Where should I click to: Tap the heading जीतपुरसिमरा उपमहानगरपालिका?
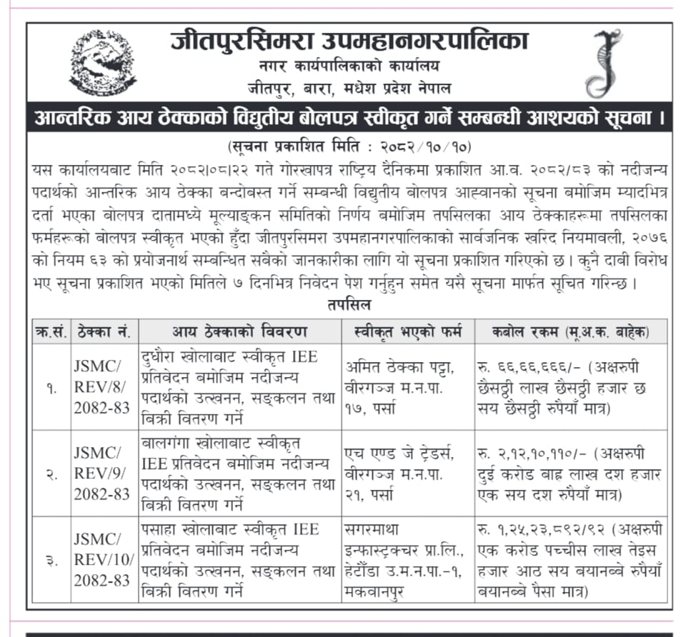(x=349, y=41)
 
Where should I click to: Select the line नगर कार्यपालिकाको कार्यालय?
(x=349, y=66)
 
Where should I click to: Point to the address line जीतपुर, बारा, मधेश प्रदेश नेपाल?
(x=349, y=89)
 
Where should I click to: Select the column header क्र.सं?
(x=51, y=331)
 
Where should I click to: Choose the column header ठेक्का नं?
(x=104, y=331)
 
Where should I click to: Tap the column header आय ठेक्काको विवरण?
(x=239, y=331)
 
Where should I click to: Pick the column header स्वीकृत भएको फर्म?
(x=407, y=331)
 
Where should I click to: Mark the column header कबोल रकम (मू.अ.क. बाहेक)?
(x=570, y=331)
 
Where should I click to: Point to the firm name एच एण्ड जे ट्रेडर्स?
(x=404, y=454)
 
